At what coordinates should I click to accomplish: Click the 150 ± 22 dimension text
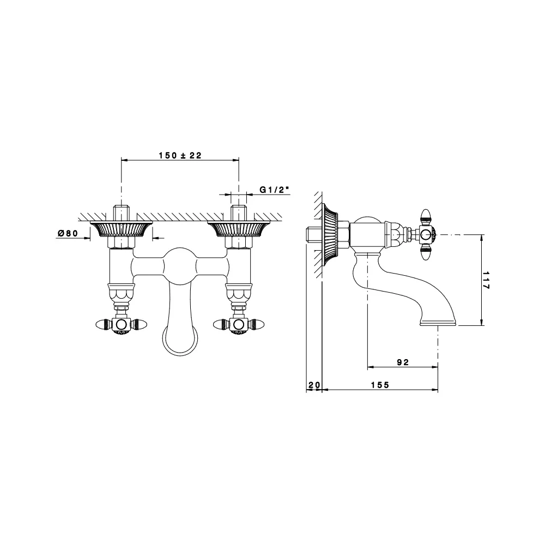180,155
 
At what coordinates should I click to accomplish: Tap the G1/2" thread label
274,190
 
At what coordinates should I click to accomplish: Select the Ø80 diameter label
68,233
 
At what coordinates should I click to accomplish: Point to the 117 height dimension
486,280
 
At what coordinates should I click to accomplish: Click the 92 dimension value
403,362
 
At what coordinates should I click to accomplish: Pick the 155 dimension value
380,385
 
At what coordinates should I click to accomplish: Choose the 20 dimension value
314,385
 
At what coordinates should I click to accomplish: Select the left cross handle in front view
121,325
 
